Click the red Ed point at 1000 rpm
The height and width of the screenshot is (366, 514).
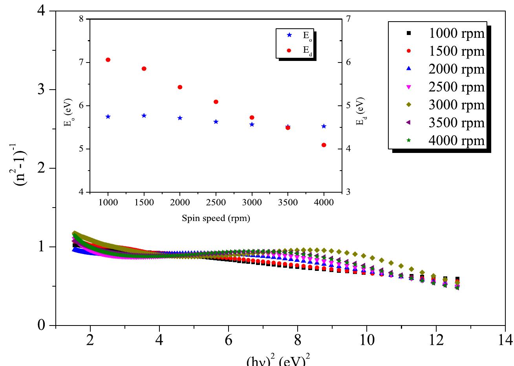108,60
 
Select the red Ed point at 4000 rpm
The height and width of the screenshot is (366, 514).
324,145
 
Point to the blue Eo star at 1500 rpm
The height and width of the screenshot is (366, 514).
144,116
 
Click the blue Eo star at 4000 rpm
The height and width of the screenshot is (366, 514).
324,126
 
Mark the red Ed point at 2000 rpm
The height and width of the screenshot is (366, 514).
180,87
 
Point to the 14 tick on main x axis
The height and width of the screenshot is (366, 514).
505,339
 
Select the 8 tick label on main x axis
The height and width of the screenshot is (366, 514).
298,339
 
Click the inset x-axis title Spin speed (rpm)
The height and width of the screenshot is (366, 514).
216,218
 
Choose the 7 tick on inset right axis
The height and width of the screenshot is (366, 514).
348,19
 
